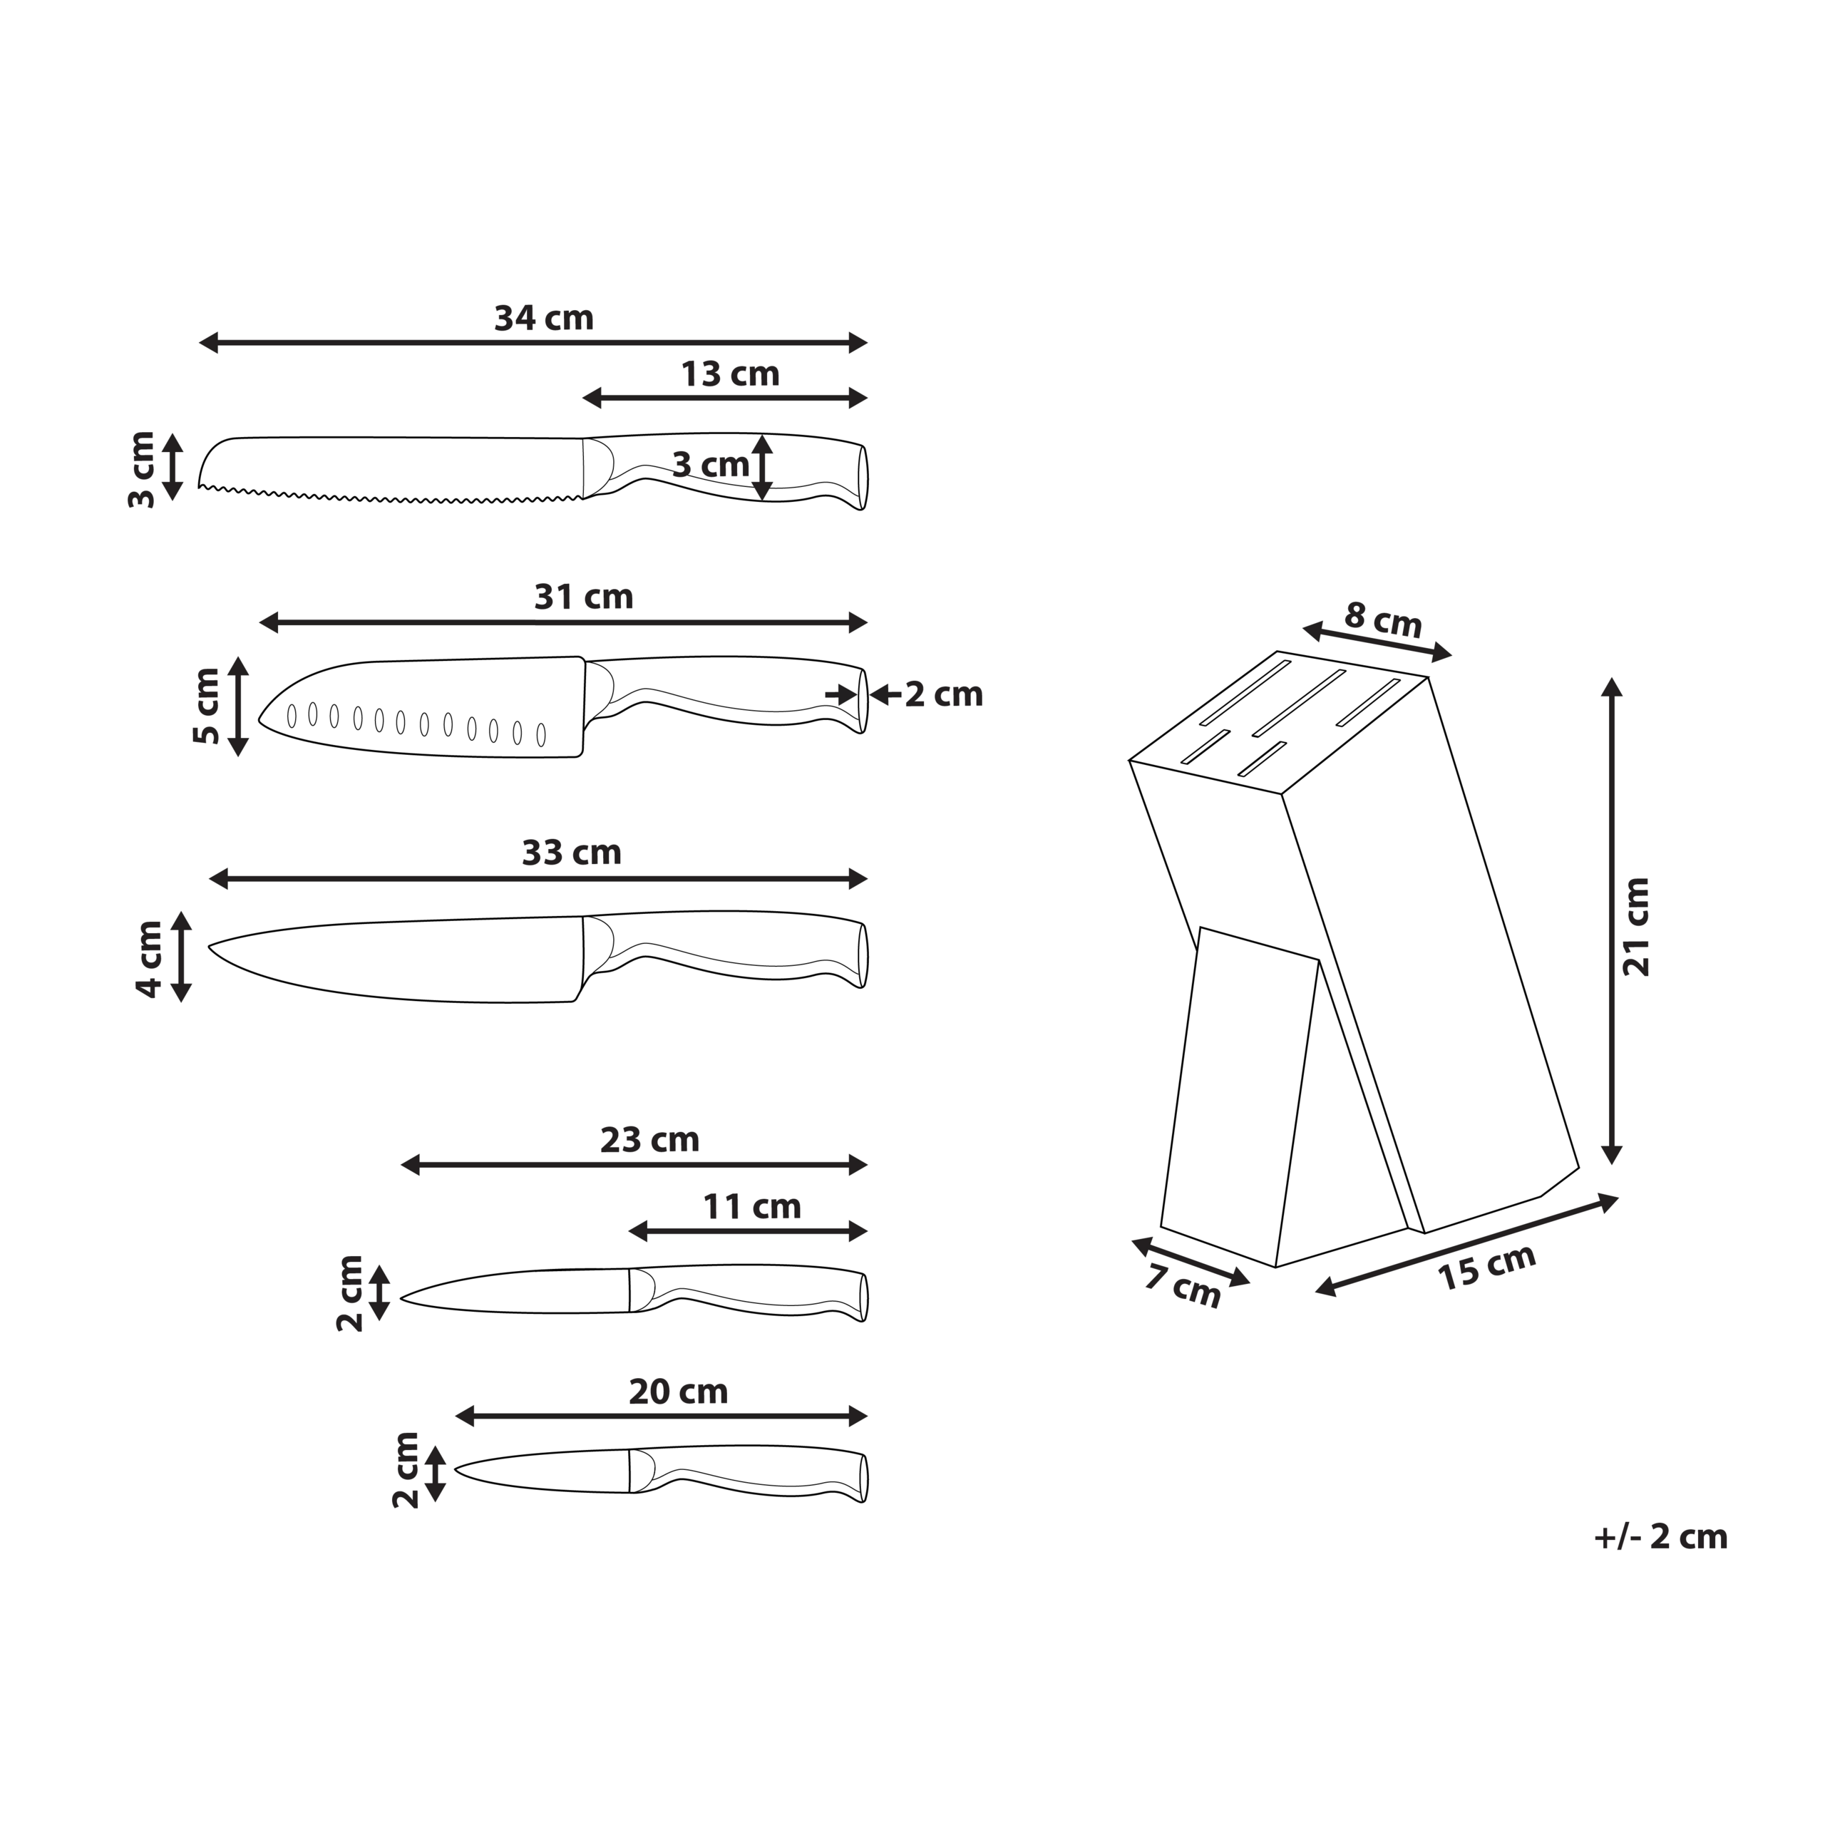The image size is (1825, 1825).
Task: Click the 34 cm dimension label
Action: [x=544, y=319]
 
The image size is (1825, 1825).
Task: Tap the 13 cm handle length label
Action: [x=730, y=375]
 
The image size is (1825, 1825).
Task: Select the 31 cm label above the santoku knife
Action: [x=584, y=597]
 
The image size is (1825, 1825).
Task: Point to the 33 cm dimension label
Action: [x=572, y=853]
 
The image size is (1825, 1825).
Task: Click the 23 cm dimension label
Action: [x=650, y=1140]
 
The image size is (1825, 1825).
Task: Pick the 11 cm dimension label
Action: [x=752, y=1206]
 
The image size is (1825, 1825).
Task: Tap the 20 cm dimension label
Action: [x=678, y=1392]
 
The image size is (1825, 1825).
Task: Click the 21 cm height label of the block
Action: [x=1636, y=927]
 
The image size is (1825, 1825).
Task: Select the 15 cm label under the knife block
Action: [x=1487, y=1268]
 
